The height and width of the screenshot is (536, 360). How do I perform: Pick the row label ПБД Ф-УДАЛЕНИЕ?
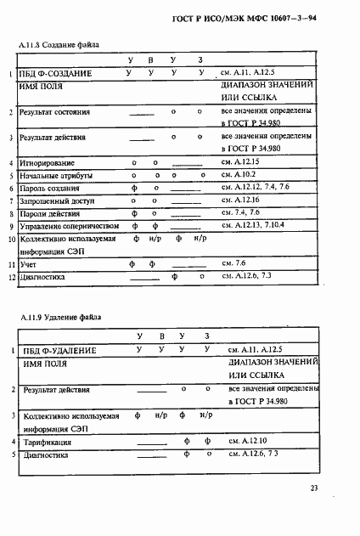(59, 350)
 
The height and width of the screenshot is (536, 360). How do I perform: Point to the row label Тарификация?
(48, 443)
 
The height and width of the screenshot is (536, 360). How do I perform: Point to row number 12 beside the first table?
(13, 279)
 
